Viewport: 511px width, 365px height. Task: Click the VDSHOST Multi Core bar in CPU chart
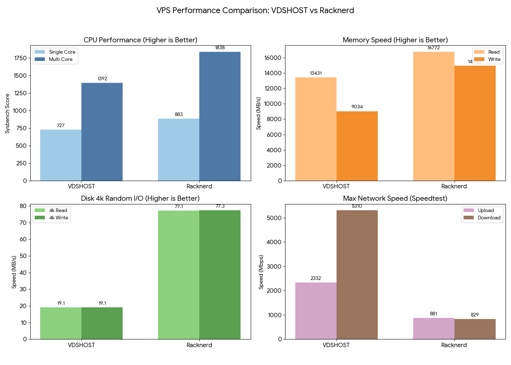102,132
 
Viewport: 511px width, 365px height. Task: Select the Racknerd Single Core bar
178,150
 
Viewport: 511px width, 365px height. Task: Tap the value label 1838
220,48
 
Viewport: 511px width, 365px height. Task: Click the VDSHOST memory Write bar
357,146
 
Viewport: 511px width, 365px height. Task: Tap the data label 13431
316,73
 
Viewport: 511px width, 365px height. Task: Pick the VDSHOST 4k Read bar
61,323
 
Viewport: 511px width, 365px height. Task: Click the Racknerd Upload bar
434,328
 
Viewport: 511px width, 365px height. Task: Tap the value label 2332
316,278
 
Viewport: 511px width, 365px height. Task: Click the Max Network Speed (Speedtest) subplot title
395,199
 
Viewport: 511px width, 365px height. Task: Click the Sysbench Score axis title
7,114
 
